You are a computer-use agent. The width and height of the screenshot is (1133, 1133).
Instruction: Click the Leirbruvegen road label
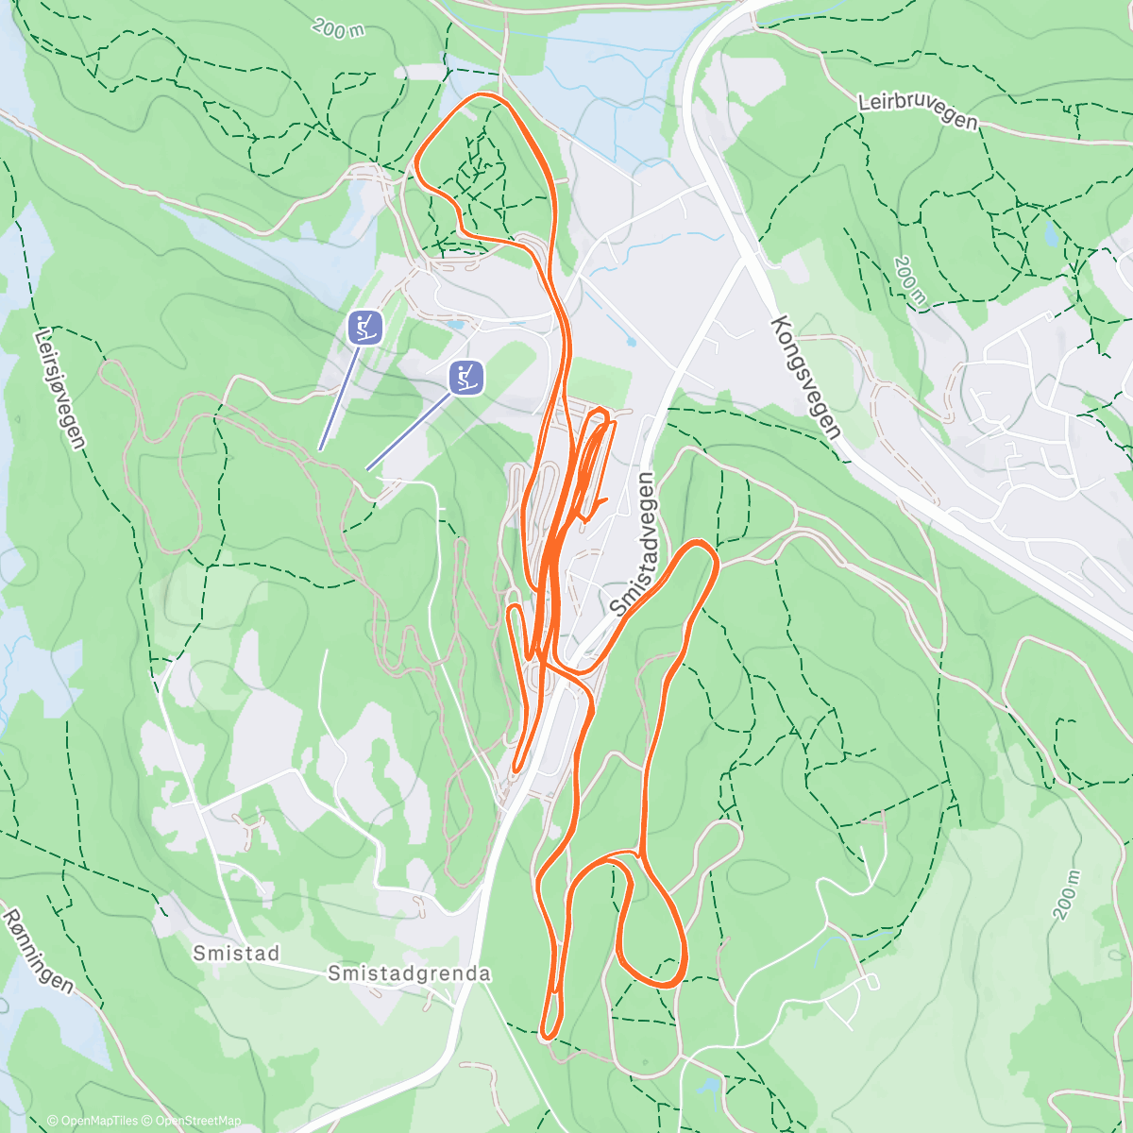tap(918, 110)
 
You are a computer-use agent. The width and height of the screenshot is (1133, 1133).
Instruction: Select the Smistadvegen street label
tap(633, 544)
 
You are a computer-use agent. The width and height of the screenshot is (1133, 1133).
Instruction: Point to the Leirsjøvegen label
tap(60, 388)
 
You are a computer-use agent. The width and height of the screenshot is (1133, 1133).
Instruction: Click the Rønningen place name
tap(37, 951)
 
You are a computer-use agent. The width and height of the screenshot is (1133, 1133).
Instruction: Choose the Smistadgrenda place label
tap(409, 973)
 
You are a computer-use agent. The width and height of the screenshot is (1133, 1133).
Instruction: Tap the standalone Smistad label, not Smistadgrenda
tap(236, 954)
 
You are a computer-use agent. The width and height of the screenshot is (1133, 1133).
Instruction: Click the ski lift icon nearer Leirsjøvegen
tap(364, 328)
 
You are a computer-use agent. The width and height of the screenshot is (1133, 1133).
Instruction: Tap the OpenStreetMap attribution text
tap(197, 1121)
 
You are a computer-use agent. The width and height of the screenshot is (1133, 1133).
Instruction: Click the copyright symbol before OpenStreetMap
tap(148, 1121)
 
